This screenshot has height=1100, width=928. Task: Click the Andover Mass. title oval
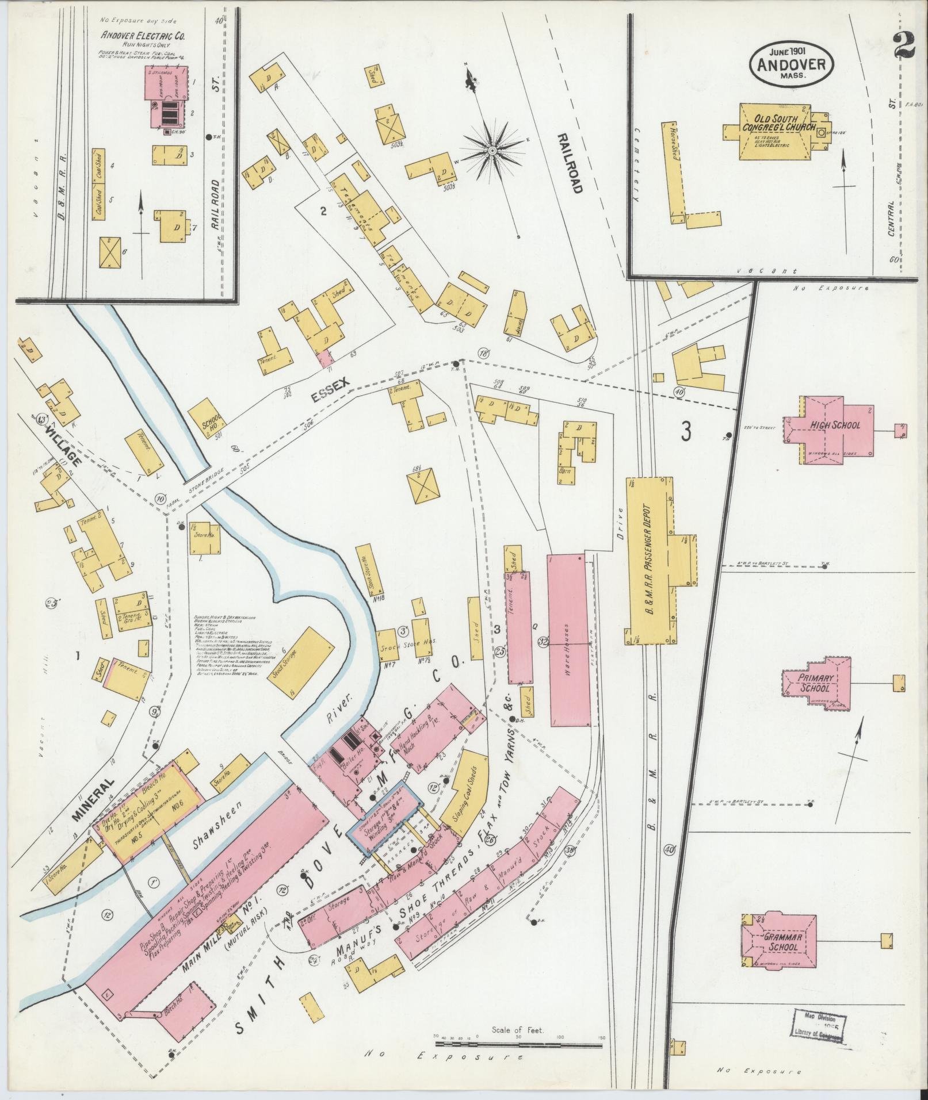pyautogui.click(x=791, y=64)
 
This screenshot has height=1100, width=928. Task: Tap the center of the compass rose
pyautogui.click(x=492, y=151)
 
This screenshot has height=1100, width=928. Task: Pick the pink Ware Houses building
pyautogui.click(x=568, y=640)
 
